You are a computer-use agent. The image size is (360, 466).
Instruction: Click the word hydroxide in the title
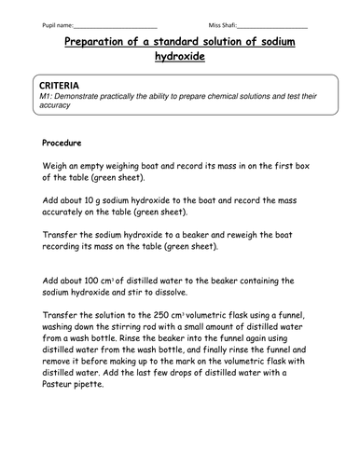click(x=180, y=58)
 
